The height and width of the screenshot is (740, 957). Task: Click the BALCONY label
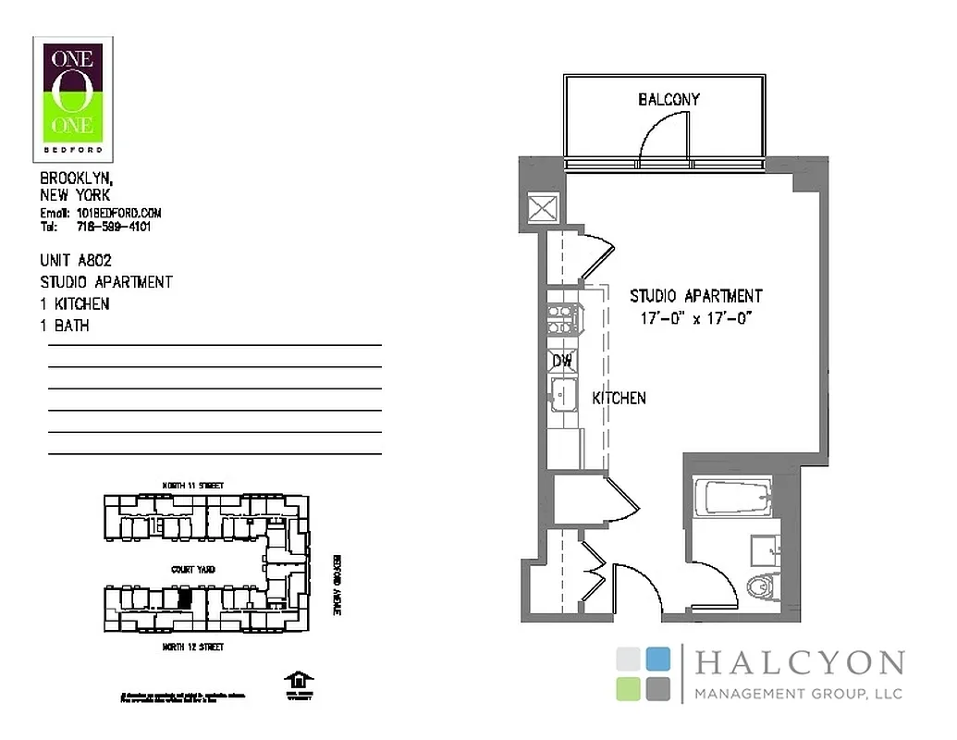[x=669, y=99]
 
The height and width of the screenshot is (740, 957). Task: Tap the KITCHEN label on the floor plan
[x=619, y=398]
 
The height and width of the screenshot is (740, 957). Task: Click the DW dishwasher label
[x=561, y=361]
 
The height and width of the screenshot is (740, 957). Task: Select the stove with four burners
[x=560, y=319]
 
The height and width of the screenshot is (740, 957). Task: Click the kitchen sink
[x=562, y=396]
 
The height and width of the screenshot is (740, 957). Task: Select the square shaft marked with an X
[x=539, y=208]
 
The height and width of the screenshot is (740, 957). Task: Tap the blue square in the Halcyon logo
[x=657, y=659]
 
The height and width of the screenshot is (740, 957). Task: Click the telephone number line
[x=95, y=226]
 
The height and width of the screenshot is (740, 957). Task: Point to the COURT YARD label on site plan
[x=193, y=570]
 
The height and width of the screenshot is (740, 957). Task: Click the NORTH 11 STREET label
[x=192, y=486]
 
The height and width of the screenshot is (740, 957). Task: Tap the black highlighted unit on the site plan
[x=185, y=598]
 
